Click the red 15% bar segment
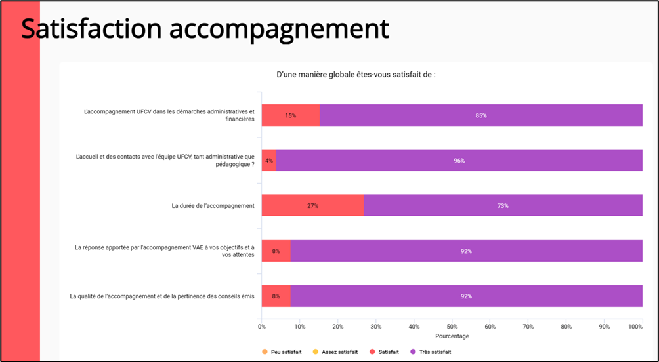click(x=290, y=115)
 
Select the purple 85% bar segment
click(x=480, y=115)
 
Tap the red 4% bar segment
click(x=268, y=161)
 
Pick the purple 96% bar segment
click(x=459, y=161)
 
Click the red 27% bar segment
click(x=312, y=206)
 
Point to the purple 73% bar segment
click(x=503, y=206)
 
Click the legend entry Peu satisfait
click(x=286, y=352)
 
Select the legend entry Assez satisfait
click(x=339, y=352)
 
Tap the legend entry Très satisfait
click(x=435, y=352)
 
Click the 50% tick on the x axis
click(x=452, y=326)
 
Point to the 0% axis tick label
click(x=262, y=326)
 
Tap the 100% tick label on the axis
click(x=635, y=326)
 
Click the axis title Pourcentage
click(x=452, y=336)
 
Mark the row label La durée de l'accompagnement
click(x=213, y=206)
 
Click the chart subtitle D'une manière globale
click(x=356, y=75)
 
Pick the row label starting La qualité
click(x=161, y=296)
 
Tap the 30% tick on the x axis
click(x=375, y=326)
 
